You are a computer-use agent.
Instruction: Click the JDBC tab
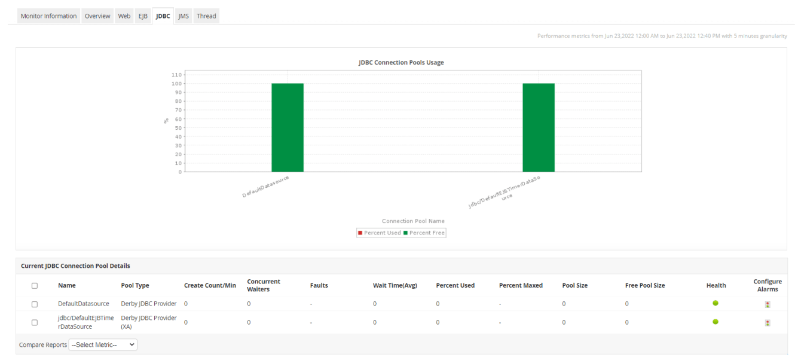point(163,16)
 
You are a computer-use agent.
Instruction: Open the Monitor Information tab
point(48,16)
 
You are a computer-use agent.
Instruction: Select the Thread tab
point(206,16)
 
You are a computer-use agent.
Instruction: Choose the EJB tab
point(143,16)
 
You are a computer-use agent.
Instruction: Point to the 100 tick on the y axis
point(177,84)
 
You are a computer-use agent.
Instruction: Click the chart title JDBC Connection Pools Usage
point(401,62)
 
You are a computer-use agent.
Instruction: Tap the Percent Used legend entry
point(380,233)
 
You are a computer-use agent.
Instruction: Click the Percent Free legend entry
point(424,233)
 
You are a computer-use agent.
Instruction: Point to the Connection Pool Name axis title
point(413,221)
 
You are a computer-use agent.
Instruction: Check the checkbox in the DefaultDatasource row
point(35,304)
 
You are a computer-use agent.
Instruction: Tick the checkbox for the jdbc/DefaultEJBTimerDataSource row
point(35,322)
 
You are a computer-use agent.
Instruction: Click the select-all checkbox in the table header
point(35,286)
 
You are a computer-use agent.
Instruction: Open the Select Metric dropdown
point(103,344)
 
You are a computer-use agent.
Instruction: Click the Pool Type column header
point(135,285)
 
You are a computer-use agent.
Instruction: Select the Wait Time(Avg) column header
point(395,285)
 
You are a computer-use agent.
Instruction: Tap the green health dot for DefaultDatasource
point(716,303)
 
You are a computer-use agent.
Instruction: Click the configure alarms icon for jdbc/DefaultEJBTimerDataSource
point(768,322)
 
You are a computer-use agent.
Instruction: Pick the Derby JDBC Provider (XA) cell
point(148,322)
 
